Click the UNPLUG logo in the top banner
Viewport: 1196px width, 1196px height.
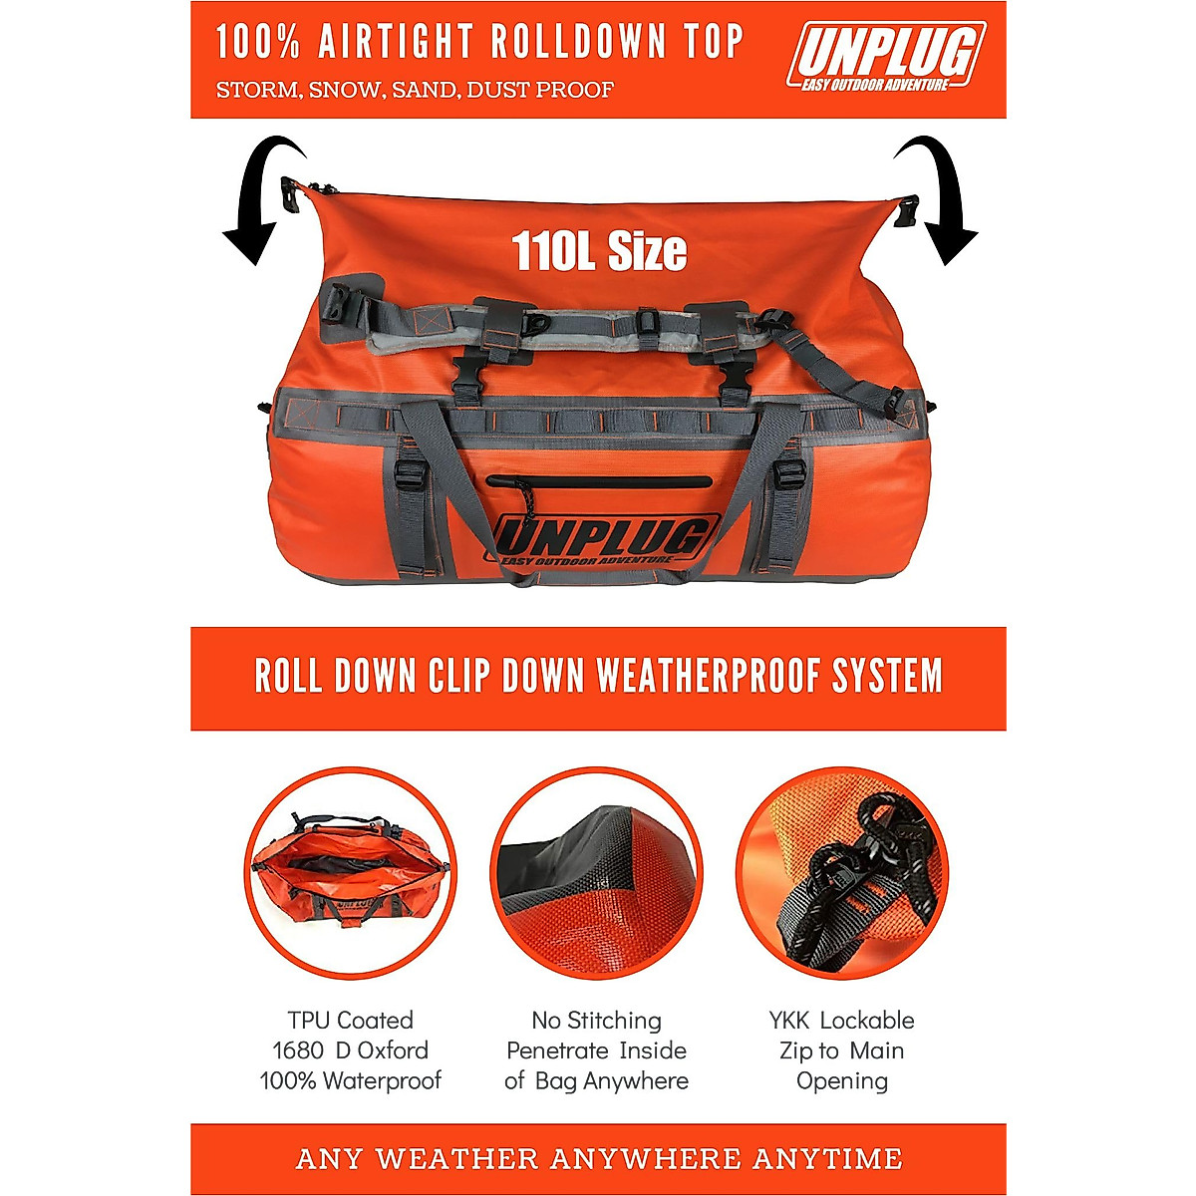[885, 57]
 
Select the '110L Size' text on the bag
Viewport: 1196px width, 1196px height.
[599, 251]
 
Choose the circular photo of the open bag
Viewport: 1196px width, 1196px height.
[350, 872]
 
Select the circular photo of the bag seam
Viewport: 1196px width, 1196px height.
[596, 872]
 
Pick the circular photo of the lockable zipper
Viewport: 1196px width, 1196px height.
[842, 872]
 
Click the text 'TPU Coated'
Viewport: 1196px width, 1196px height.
[350, 1021]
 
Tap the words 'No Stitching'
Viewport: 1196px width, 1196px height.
[596, 1021]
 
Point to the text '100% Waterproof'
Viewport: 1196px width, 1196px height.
[350, 1080]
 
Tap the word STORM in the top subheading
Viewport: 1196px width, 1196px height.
[257, 90]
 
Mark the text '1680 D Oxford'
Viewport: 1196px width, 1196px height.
[350, 1050]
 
